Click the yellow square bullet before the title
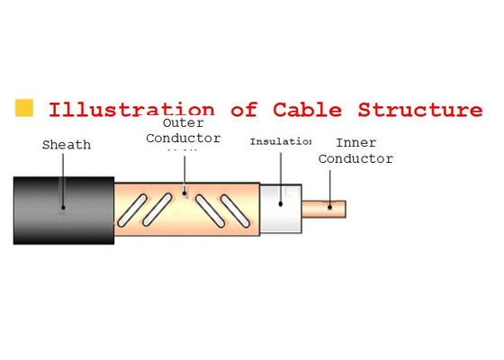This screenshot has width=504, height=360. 25,109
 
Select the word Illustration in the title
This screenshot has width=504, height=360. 131,111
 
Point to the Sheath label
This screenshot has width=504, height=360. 66,145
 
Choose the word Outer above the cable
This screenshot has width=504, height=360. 183,124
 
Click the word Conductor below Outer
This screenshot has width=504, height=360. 184,139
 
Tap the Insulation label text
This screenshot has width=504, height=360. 281,141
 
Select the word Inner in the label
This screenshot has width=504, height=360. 356,143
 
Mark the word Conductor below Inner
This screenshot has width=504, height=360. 356,158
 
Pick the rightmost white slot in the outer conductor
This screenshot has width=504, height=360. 237,211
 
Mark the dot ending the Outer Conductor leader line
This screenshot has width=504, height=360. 184,191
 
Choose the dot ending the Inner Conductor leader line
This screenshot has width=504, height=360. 330,205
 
